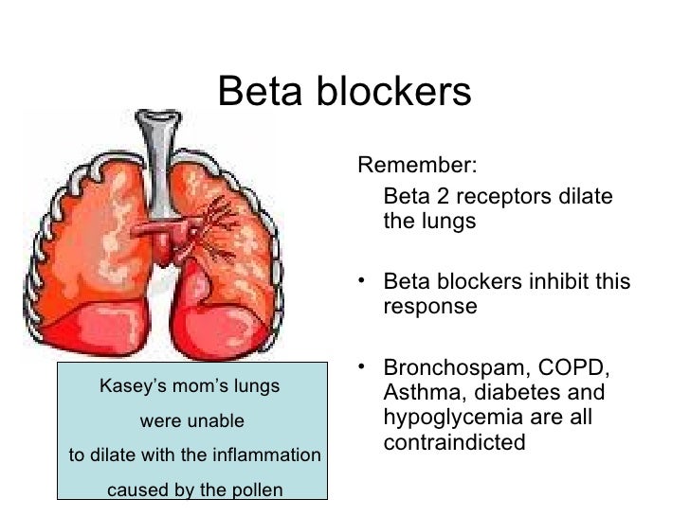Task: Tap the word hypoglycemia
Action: tap(451, 417)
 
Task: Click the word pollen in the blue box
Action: tap(256, 490)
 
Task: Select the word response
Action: tap(429, 309)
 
